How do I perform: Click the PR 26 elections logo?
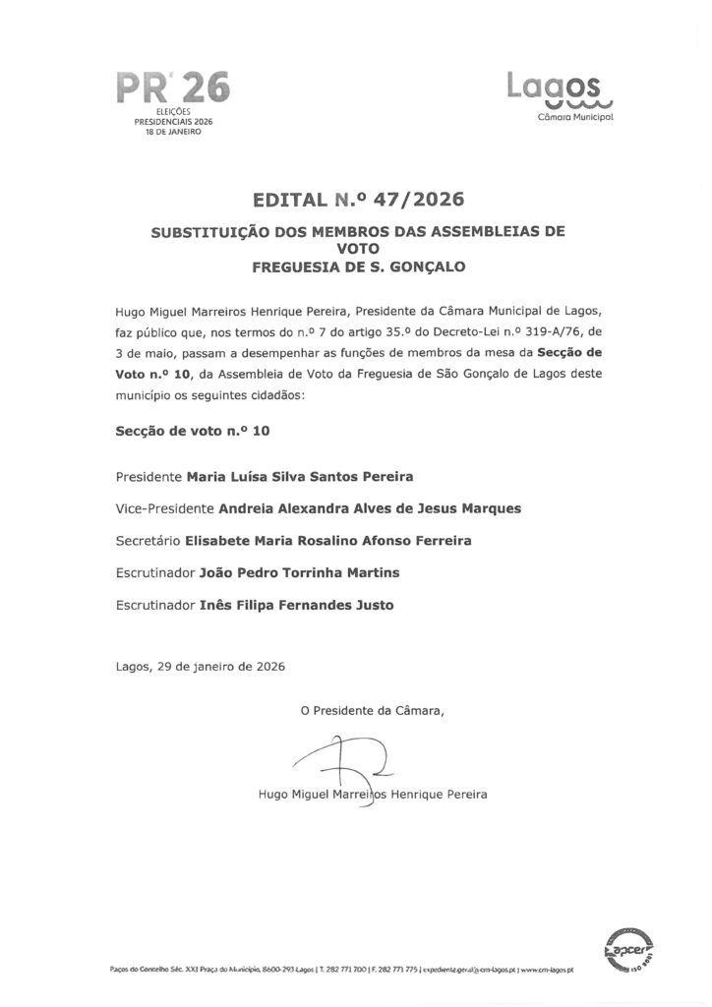tap(173, 89)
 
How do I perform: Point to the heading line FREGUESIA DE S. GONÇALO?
tap(356, 266)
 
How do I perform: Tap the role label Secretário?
tap(148, 541)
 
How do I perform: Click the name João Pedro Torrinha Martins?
tap(280, 573)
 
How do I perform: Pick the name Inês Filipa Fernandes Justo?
tap(282, 605)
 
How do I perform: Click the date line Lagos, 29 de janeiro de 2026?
tap(200, 666)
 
